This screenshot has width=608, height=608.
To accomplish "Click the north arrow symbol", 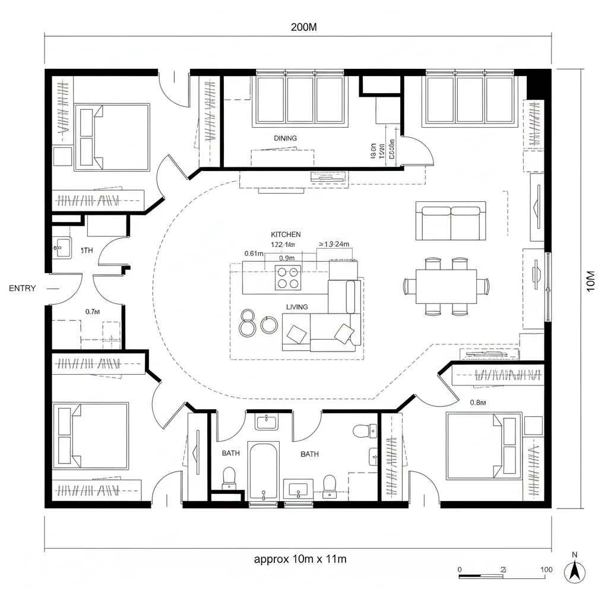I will pos(574,571).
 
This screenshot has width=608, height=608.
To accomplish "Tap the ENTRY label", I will pos(23,289).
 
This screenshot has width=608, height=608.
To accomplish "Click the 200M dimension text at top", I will pos(303,27).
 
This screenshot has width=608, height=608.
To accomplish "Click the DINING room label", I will pos(285,138).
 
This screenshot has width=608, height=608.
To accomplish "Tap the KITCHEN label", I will pos(286,235).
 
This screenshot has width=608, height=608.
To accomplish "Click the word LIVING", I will pos(297,307).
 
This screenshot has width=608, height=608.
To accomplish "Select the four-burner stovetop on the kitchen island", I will pos(287,277).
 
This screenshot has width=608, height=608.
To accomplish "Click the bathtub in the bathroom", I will pos(264,471).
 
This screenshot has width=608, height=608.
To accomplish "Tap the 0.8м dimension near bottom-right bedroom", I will pos(478,403).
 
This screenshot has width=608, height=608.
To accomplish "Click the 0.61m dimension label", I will pos(254,253).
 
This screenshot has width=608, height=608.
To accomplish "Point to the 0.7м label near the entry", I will pos(92,311).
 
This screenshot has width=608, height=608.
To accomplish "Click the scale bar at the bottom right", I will pos(483,575).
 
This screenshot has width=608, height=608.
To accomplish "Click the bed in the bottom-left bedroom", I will pos(91,436).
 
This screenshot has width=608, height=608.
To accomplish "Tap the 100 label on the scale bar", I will pos(547,569).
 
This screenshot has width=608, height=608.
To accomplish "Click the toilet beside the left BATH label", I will pos(229,479).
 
